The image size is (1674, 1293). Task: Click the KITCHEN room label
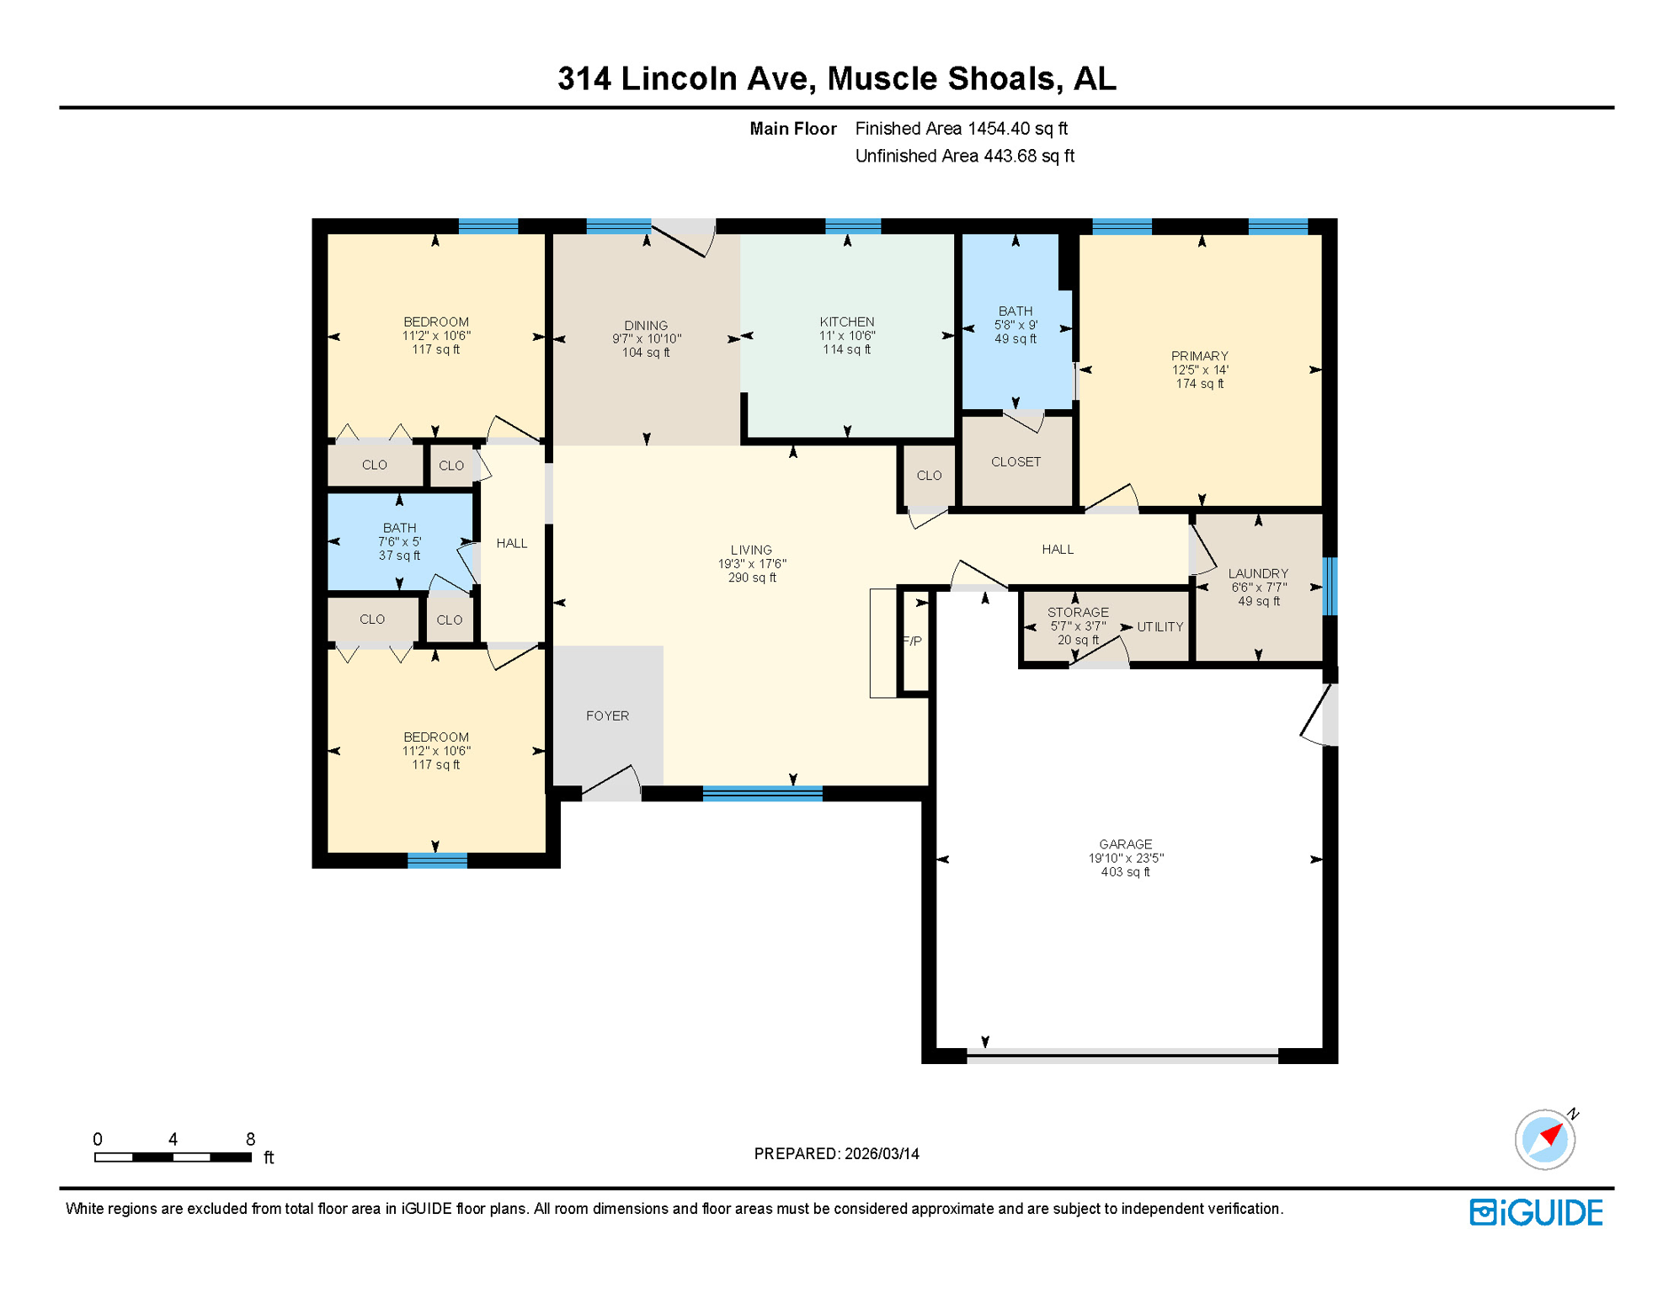tap(846, 322)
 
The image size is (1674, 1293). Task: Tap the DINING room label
tap(646, 326)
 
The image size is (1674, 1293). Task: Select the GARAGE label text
tap(1125, 844)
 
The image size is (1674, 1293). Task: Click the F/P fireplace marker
tap(913, 641)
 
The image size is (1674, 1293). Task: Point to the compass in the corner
tap(1544, 1139)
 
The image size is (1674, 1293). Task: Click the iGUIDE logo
tap(1536, 1212)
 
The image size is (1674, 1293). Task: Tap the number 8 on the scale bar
tap(250, 1139)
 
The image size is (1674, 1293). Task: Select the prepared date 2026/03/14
tap(882, 1153)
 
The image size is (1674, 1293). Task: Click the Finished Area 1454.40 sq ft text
tap(961, 129)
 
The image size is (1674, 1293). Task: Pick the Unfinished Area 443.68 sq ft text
tap(964, 156)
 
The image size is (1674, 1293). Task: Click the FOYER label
tap(607, 716)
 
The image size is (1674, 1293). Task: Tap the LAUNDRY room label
tap(1257, 574)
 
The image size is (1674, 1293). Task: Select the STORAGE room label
tap(1078, 613)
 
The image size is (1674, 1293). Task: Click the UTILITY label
tap(1160, 627)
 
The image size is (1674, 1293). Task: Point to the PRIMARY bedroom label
tap(1199, 356)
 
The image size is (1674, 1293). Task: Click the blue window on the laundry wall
tap(1330, 586)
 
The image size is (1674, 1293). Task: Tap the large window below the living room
tap(762, 793)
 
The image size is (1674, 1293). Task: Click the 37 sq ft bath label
tap(399, 556)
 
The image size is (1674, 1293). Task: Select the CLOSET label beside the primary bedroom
tap(1016, 462)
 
